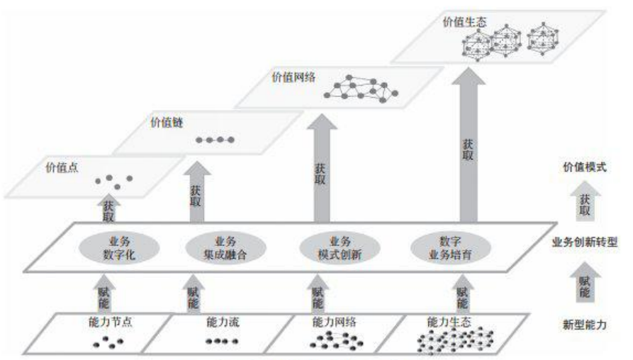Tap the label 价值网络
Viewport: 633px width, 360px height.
[290, 74]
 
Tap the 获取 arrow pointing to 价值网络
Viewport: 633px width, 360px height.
[320, 170]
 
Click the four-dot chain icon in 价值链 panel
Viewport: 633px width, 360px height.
[210, 140]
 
